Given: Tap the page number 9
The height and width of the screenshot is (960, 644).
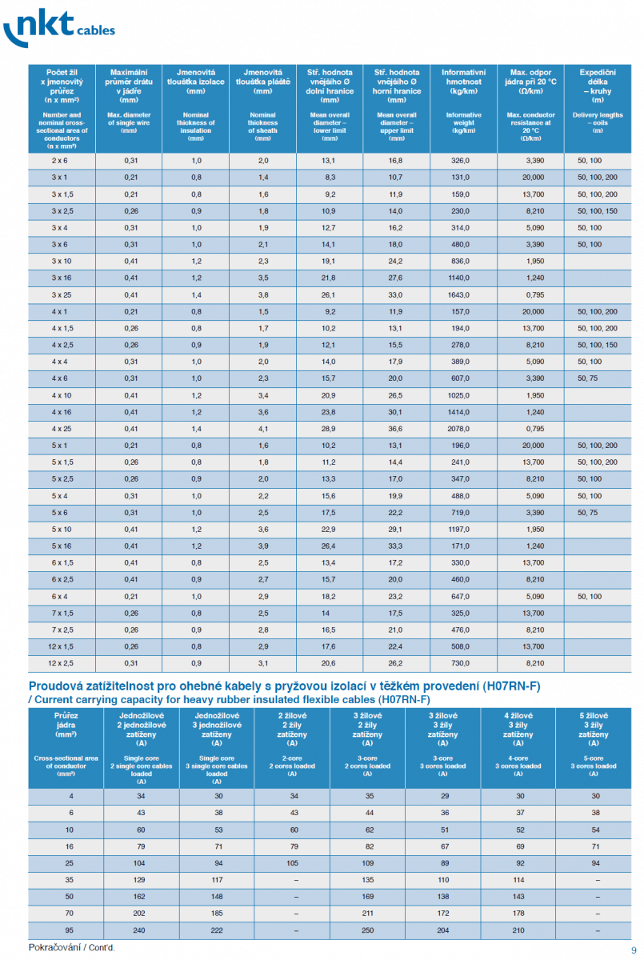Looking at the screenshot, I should (x=634, y=949).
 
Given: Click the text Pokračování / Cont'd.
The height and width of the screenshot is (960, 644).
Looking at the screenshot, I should (x=72, y=947).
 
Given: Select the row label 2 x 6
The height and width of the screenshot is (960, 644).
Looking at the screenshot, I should (x=60, y=161).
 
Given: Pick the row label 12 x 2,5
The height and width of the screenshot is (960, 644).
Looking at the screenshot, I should (x=60, y=663).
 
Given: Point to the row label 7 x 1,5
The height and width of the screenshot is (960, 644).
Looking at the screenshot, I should (x=60, y=613).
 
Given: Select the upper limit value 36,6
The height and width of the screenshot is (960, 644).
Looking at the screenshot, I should (x=395, y=429).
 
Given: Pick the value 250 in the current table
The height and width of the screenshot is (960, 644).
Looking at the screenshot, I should (x=367, y=930).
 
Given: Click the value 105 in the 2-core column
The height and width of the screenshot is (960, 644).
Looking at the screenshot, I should (x=291, y=863).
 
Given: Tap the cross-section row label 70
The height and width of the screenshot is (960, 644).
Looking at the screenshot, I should (x=71, y=914).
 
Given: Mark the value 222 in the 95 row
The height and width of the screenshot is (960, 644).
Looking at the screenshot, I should (x=216, y=930).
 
